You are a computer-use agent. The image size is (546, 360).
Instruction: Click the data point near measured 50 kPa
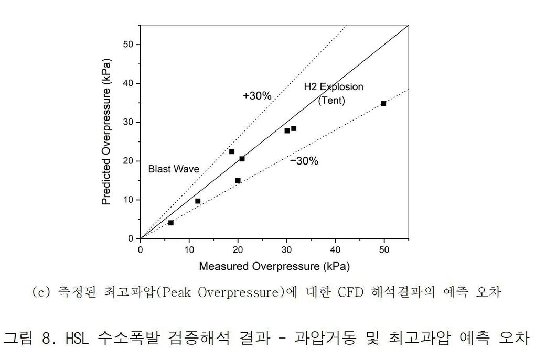tap(383, 104)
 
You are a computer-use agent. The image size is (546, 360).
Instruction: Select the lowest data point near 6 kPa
tap(171, 223)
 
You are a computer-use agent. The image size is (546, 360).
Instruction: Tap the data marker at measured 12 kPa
tap(198, 201)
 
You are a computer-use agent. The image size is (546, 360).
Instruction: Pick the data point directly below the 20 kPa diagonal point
tap(238, 181)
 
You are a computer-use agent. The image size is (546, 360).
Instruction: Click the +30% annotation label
tap(257, 96)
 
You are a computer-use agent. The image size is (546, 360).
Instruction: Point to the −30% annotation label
tap(304, 161)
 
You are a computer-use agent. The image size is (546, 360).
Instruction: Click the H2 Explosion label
tap(334, 86)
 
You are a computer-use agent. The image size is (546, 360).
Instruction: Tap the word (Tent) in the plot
tap(331, 100)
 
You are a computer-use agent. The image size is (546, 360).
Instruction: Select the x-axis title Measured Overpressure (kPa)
tap(274, 266)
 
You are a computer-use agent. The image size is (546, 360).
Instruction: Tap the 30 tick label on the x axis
tap(286, 249)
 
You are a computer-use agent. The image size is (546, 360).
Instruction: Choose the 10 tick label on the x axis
tap(189, 249)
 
